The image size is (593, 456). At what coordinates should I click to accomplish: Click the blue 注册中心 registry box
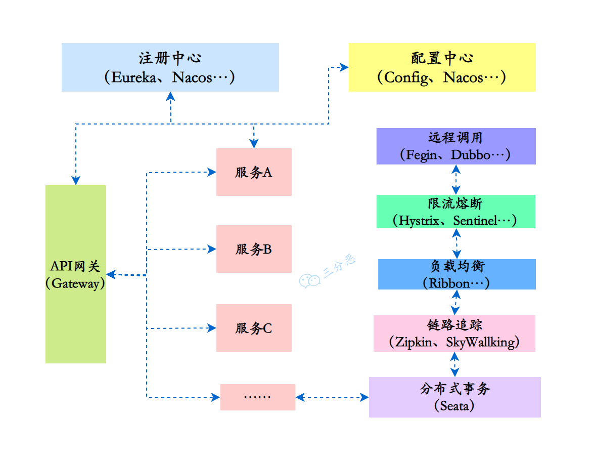click(170, 67)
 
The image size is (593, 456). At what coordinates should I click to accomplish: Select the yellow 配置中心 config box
click(442, 67)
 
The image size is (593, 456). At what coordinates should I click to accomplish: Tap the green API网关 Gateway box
click(76, 274)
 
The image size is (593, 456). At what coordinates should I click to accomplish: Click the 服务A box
click(254, 172)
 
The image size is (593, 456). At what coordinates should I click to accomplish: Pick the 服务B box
click(254, 249)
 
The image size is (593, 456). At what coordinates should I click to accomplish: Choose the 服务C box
click(254, 328)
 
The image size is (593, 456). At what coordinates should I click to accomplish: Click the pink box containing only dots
click(257, 397)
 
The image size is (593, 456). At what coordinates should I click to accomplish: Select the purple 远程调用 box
click(455, 146)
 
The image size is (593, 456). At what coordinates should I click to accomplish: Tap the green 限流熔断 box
click(455, 212)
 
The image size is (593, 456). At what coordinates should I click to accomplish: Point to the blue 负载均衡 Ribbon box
click(457, 274)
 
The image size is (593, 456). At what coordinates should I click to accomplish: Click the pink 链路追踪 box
click(454, 334)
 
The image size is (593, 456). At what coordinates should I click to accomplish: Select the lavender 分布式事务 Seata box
click(454, 397)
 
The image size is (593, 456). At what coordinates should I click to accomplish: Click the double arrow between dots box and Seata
click(332, 397)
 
